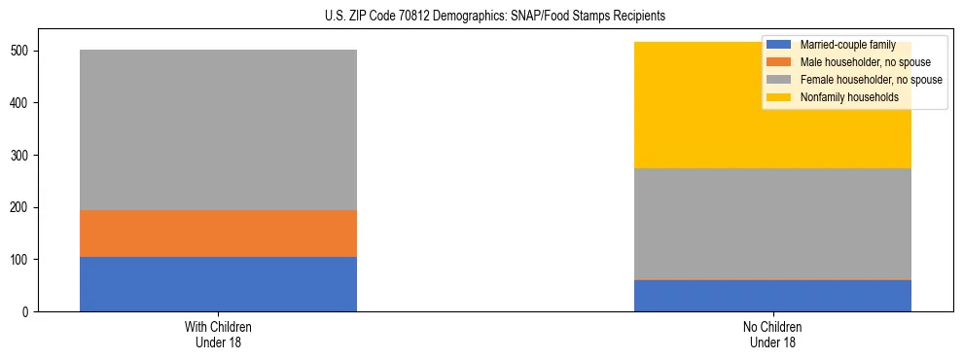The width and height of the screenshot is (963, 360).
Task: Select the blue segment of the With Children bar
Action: point(218,284)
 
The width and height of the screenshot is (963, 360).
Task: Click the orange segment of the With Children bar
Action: point(218,234)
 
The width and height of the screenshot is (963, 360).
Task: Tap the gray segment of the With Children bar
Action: point(218,129)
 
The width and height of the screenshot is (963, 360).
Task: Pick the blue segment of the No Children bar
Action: point(772,296)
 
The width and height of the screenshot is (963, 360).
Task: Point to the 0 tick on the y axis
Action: point(29,312)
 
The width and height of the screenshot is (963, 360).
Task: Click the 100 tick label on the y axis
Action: point(23,260)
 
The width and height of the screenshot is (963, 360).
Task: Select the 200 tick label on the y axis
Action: point(23,207)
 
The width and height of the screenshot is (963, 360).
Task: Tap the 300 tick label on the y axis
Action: point(23,156)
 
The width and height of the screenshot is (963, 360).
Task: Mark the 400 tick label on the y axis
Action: point(23,103)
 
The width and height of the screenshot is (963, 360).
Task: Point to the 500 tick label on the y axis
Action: point(23,51)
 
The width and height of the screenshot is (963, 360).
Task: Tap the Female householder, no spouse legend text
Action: point(871,80)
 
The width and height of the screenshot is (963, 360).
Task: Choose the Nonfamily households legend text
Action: point(849,97)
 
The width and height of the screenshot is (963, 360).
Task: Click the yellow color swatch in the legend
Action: point(779,97)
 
